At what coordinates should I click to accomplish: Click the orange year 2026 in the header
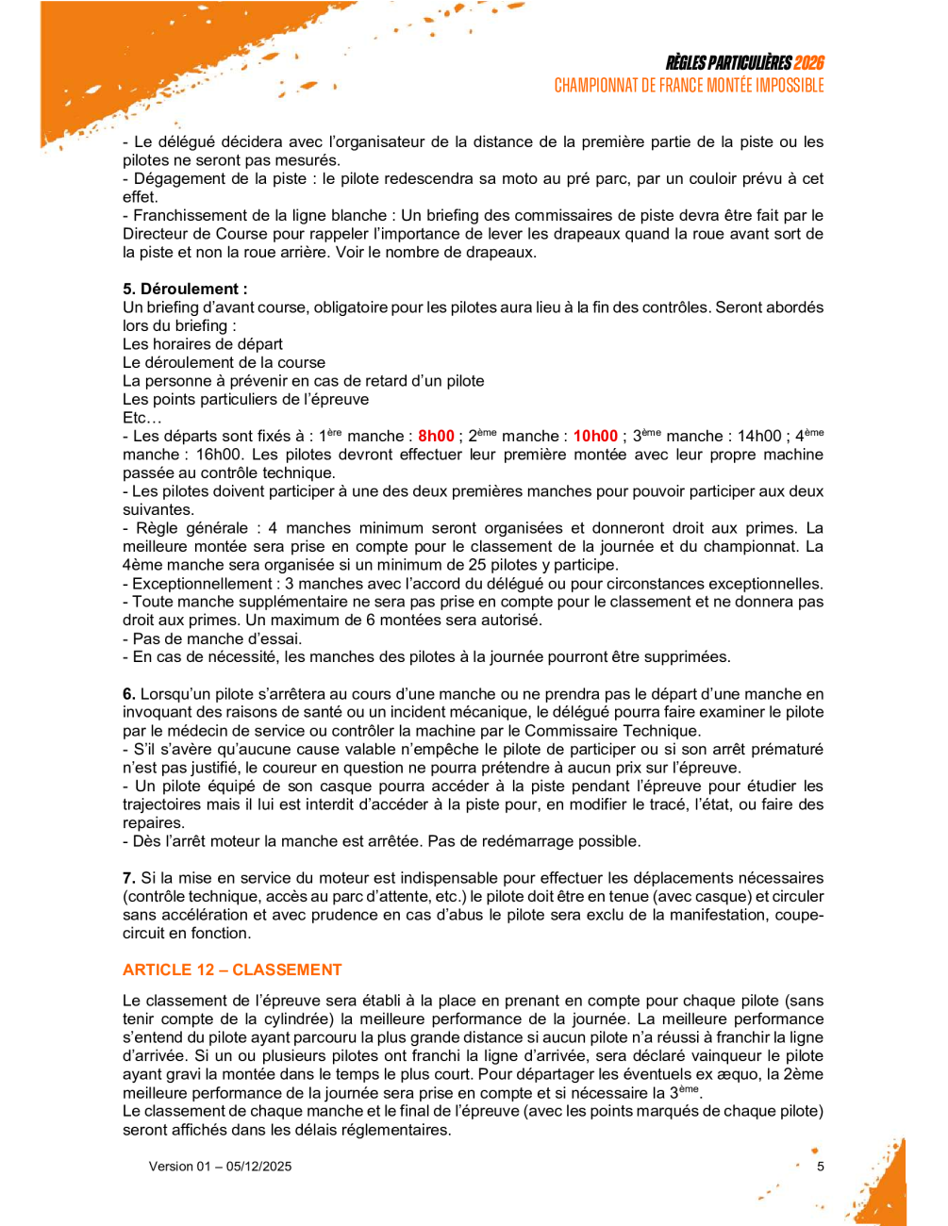pyautogui.click(x=808, y=63)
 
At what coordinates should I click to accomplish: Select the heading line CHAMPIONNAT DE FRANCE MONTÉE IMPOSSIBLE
pyautogui.click(x=689, y=86)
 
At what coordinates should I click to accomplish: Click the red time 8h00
pyautogui.click(x=436, y=436)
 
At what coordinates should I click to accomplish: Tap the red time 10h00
pyautogui.click(x=595, y=436)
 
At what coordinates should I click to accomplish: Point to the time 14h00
pyautogui.click(x=759, y=436)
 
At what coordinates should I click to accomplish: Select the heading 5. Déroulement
pyautogui.click(x=185, y=289)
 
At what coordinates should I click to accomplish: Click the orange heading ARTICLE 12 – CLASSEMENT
pyautogui.click(x=232, y=969)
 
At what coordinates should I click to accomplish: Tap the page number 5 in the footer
pyautogui.click(x=821, y=1166)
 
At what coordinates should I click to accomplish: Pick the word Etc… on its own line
pyautogui.click(x=142, y=418)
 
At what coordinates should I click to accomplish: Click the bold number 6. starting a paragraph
pyautogui.click(x=129, y=694)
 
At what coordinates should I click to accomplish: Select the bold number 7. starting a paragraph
pyautogui.click(x=129, y=878)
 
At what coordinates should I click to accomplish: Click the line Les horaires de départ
pyautogui.click(x=203, y=344)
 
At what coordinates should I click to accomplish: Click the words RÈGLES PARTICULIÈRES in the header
pyautogui.click(x=728, y=63)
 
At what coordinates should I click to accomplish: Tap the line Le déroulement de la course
pyautogui.click(x=224, y=362)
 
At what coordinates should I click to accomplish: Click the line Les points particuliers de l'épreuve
pyautogui.click(x=245, y=399)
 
